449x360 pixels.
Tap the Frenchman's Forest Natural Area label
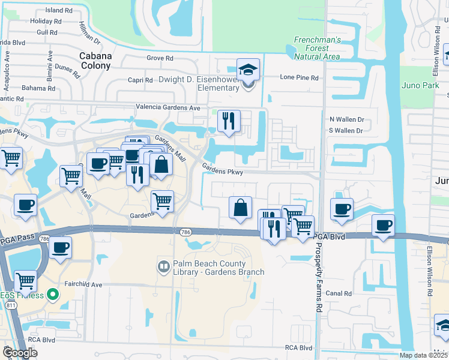click(x=317, y=48)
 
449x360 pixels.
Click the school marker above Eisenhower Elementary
click(x=248, y=70)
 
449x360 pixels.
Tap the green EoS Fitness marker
click(x=53, y=295)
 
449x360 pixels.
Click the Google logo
click(x=20, y=353)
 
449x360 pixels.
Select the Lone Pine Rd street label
click(x=299, y=77)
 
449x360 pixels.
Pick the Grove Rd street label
click(x=160, y=58)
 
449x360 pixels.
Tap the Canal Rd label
click(x=339, y=293)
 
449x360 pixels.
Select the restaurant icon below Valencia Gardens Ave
click(x=229, y=121)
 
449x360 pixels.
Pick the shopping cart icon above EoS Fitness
click(x=25, y=280)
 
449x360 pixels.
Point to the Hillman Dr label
click(x=89, y=33)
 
